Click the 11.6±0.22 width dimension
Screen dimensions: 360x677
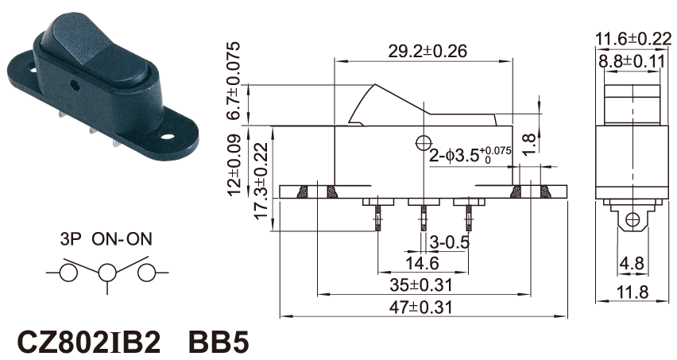coord(633,37)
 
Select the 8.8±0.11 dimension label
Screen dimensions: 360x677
coord(633,60)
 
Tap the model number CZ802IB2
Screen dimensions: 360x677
coord(89,341)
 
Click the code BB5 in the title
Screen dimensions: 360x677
coord(219,341)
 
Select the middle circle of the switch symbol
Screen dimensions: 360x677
coord(106,273)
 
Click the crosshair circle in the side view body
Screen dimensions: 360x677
coord(422,144)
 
